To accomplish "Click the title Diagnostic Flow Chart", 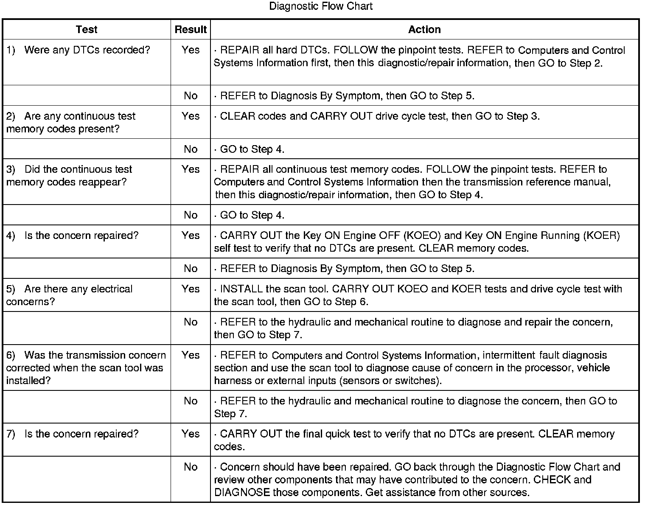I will pos(321,6).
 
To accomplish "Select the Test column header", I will pos(87,30).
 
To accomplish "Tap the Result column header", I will pos(191,30).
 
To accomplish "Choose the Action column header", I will pos(424,30).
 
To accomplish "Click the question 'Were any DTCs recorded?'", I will pos(87,50).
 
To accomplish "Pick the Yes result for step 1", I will pos(191,50).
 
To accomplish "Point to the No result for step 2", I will pos(191,149).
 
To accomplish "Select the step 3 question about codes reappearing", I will pos(69,176).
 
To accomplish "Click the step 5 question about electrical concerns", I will pos(69,295).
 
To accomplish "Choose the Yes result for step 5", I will pos(191,289).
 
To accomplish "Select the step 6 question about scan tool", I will pos(86,368).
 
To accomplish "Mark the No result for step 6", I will pos(191,401).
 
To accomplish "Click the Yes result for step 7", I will pos(191,434).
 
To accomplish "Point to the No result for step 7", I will pos(191,467).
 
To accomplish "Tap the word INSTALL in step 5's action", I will pos(241,289).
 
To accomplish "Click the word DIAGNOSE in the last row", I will pos(242,493).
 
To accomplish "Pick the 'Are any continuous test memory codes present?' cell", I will pos(71,122).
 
